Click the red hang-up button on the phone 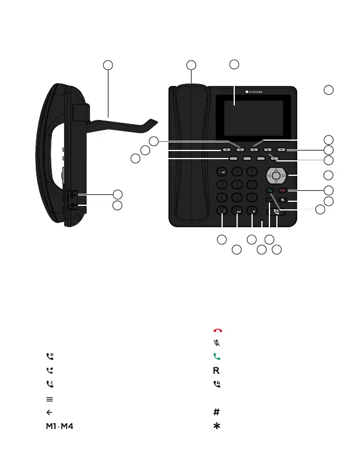282,190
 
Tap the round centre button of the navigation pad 276,175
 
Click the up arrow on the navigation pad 276,169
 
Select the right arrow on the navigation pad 283,175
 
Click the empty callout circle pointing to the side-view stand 108,65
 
